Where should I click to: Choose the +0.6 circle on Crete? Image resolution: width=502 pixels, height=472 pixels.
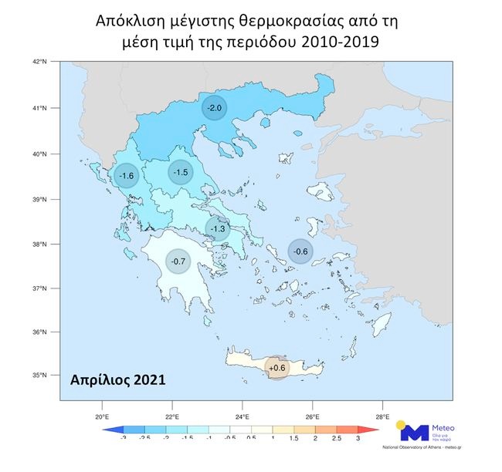point(276,368)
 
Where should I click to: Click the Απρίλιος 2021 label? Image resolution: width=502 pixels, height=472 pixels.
point(117,380)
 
